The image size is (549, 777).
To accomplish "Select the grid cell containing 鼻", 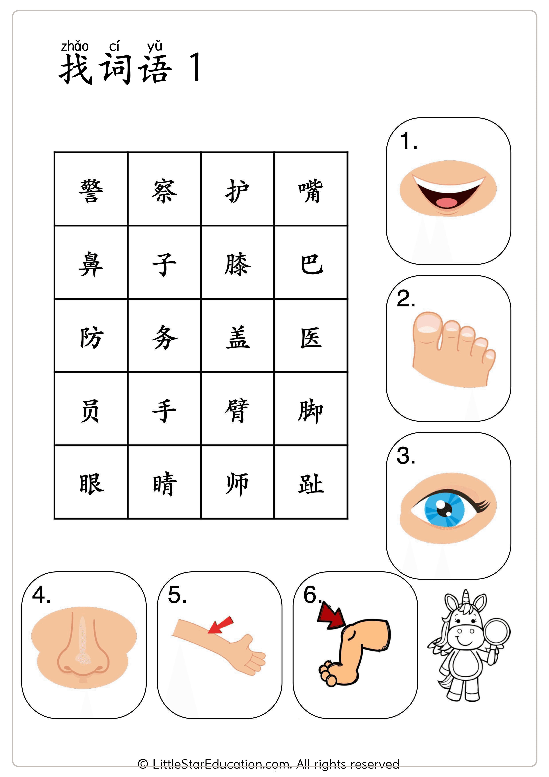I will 91,263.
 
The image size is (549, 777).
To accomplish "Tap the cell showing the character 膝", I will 237,263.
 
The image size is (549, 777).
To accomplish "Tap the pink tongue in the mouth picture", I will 446,202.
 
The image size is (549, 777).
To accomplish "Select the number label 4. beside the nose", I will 41,595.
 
